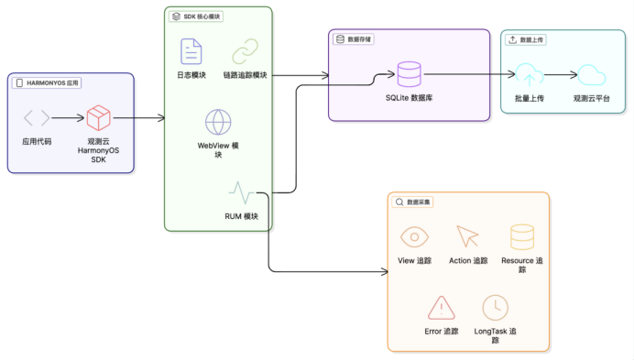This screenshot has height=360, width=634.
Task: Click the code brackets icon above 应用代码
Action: [37, 117]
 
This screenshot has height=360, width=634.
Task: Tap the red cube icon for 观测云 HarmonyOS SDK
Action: [98, 117]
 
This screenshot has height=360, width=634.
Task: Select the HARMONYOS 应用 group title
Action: [48, 82]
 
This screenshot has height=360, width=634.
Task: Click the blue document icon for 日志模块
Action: [191, 51]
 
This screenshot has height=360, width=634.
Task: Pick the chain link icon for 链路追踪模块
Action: [245, 51]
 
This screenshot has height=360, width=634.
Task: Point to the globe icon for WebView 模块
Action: [218, 122]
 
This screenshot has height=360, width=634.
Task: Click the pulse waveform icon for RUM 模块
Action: [242, 192]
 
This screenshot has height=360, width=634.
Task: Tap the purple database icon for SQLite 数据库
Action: [409, 74]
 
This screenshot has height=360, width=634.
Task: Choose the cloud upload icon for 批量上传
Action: [529, 75]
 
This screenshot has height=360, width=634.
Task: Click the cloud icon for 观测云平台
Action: [591, 75]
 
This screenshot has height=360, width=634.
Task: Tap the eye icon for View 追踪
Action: [414, 236]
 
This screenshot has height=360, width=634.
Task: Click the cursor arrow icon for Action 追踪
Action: [467, 236]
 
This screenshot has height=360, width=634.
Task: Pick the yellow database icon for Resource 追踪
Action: [522, 236]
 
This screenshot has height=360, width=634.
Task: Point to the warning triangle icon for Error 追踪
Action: [442, 306]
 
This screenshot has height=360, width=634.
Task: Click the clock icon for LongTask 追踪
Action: [495, 306]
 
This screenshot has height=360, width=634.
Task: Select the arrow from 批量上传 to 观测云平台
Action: [560, 75]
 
